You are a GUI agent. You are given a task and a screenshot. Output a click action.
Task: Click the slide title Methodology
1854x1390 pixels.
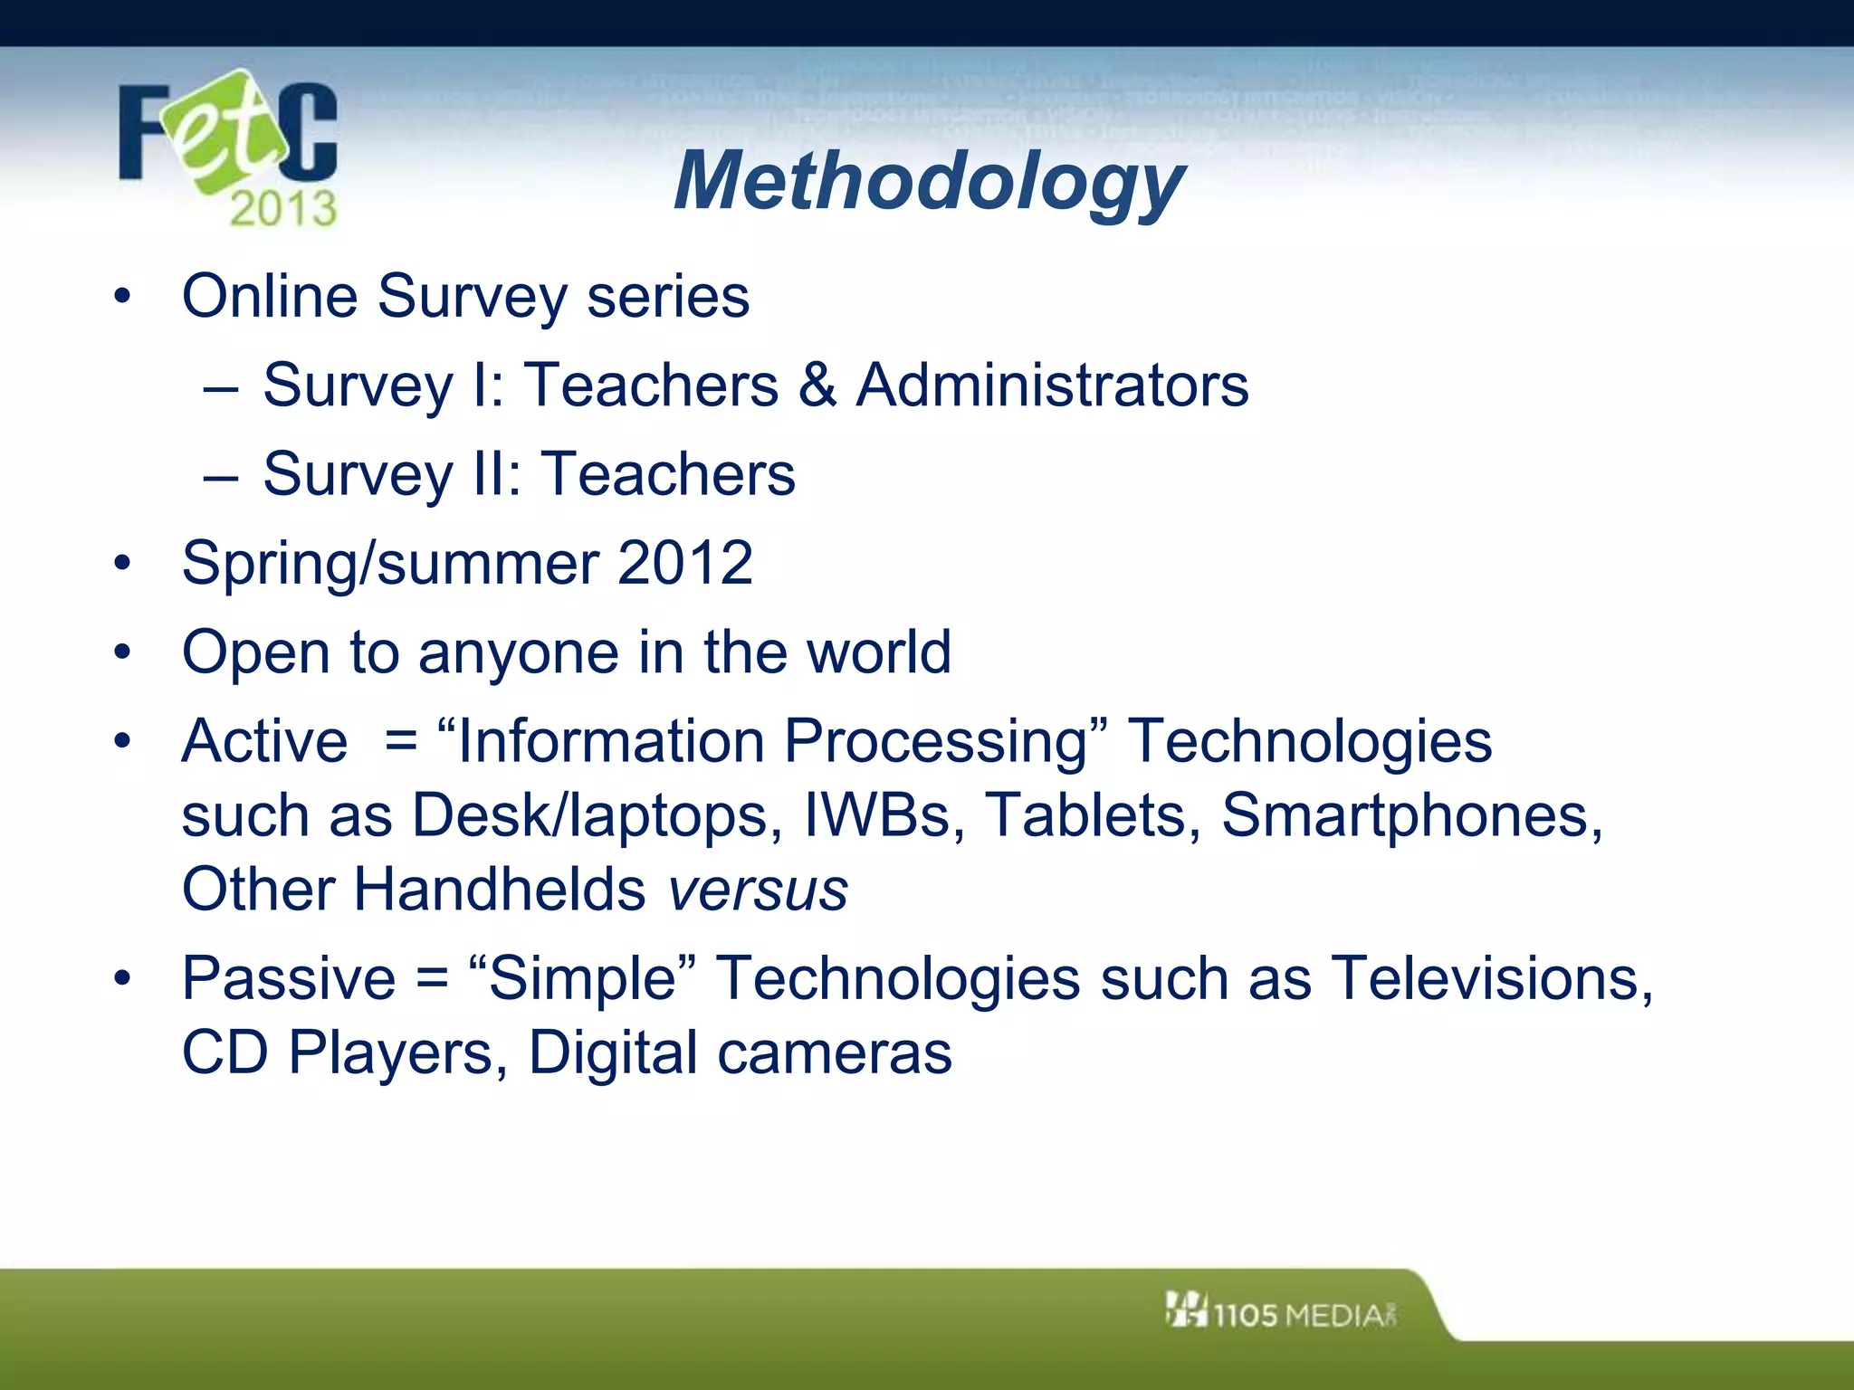929,181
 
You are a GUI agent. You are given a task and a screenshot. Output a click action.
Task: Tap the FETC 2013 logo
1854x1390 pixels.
228,149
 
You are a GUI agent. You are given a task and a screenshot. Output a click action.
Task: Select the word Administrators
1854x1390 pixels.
1052,386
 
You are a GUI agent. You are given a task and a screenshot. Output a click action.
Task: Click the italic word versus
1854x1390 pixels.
758,890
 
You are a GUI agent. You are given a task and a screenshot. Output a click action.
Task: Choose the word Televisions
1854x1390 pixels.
1492,979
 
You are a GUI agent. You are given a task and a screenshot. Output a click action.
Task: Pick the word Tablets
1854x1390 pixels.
1093,815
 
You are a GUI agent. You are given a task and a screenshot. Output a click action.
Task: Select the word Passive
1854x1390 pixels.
289,979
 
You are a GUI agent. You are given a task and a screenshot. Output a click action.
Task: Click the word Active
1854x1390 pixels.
264,741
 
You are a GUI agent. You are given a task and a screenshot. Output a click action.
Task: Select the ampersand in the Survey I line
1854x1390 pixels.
817,386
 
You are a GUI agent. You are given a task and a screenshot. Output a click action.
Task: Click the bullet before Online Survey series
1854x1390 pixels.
122,297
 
